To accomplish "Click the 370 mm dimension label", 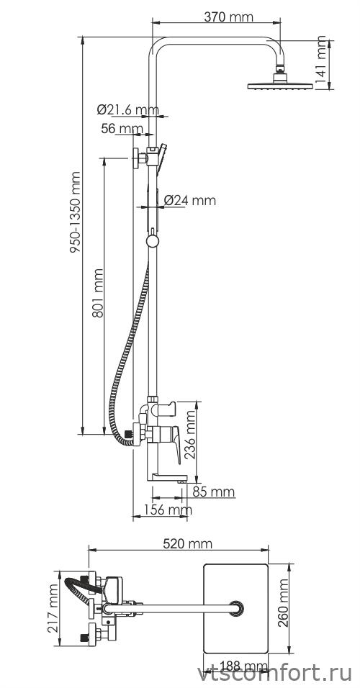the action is tap(229, 17).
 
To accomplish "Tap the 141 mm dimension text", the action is tap(322, 60).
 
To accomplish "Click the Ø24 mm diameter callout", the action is tap(190, 201).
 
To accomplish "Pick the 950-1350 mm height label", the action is tap(76, 212).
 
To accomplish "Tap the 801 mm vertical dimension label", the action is tap(97, 293).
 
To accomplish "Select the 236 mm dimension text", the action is tap(190, 435).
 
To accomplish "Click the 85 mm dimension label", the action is tap(214, 492).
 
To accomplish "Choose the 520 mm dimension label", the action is tap(187, 543).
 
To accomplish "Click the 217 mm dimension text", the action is tap(53, 607).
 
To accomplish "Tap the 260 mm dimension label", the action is tap(284, 603).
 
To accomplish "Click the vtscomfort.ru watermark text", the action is tap(274, 674).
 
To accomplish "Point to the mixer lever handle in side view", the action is tap(174, 443).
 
